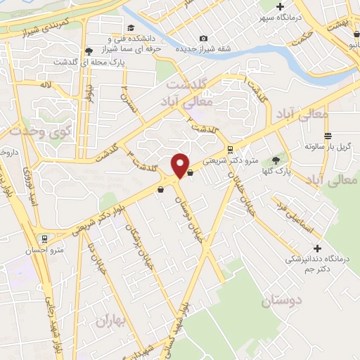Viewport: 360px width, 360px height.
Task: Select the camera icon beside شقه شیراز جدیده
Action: (x=204, y=38)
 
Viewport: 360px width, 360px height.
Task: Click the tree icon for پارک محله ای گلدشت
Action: (x=89, y=51)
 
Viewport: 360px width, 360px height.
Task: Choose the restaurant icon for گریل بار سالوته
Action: (x=327, y=136)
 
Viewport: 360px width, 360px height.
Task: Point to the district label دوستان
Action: (x=280, y=302)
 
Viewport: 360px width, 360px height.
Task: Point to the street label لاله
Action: (x=46, y=84)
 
